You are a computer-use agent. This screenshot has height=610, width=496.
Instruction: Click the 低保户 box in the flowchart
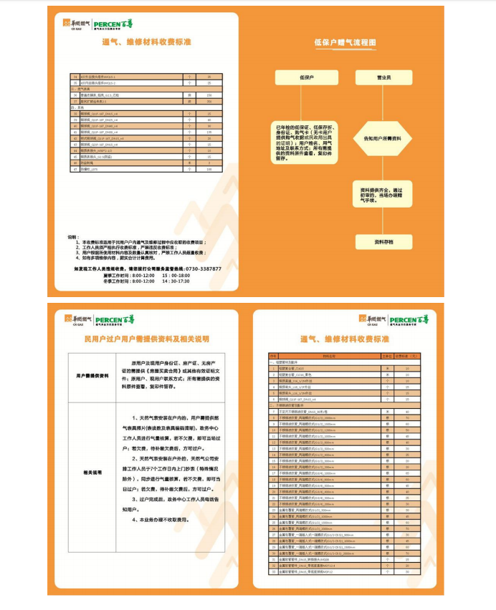306,77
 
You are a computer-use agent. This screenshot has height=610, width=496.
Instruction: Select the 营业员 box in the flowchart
383,77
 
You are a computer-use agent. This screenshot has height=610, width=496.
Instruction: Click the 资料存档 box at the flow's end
383,242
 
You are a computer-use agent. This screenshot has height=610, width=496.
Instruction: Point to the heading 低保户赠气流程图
345,43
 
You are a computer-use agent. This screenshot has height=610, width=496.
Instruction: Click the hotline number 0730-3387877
201,268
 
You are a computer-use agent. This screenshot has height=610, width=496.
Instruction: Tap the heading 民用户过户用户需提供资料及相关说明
147,339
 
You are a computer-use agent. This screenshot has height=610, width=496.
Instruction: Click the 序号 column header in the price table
272,355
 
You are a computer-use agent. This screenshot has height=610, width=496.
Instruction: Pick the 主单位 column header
388,355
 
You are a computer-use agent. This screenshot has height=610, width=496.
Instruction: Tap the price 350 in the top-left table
209,102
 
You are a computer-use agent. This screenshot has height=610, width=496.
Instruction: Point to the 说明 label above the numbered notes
72,236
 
